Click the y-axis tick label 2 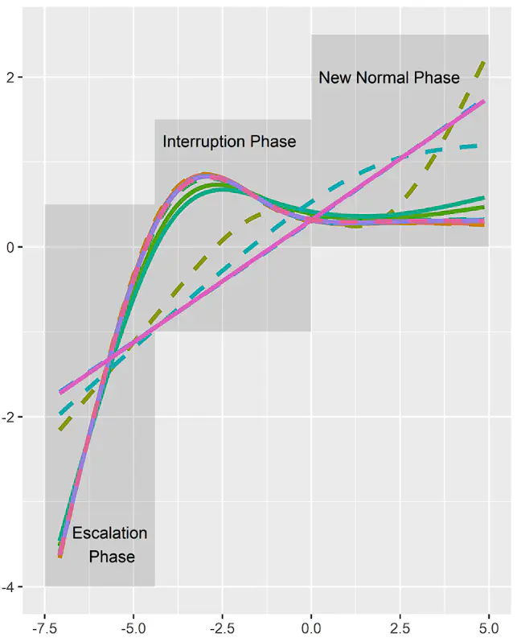[13, 77]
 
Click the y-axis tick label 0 [13, 247]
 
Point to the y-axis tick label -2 [10, 417]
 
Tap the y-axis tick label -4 [10, 587]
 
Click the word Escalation [109, 533]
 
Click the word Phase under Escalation [112, 557]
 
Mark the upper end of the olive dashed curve [484, 61]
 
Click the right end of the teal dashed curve [479, 146]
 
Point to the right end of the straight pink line [483, 101]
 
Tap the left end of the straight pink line [60, 392]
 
